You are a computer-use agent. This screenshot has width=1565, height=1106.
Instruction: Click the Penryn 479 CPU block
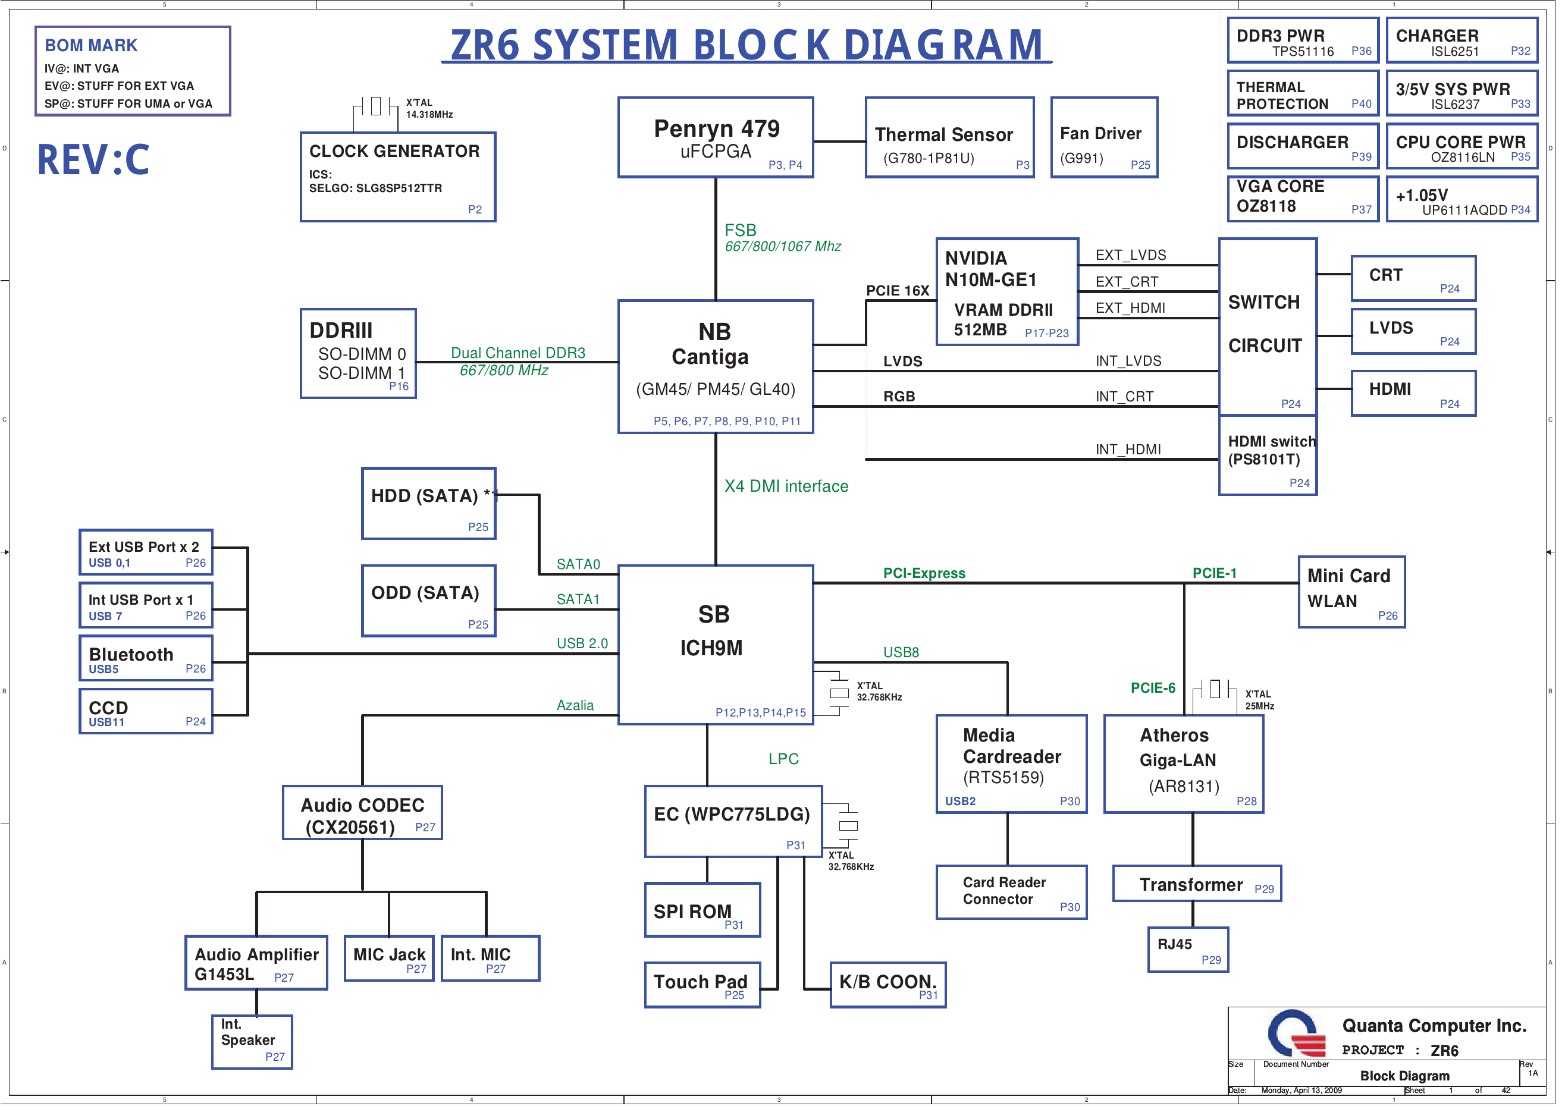[x=715, y=137]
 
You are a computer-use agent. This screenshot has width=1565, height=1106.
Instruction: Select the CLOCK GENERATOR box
[x=397, y=177]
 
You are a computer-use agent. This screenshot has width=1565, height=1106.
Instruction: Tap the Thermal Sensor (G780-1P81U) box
[x=949, y=137]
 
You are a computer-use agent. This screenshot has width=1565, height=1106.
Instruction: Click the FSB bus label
[x=740, y=230]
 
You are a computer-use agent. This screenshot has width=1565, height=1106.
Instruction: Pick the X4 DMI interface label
[x=786, y=486]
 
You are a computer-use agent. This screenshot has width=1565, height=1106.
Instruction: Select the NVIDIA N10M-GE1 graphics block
[x=1007, y=291]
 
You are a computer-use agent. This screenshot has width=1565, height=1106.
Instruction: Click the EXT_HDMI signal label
[x=1130, y=308]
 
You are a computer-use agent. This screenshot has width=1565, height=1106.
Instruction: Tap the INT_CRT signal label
[x=1124, y=397]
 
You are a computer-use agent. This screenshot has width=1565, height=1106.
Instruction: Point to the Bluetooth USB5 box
[x=146, y=658]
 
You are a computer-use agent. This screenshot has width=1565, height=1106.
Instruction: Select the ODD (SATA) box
[x=428, y=601]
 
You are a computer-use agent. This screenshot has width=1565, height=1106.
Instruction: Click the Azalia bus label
[x=575, y=705]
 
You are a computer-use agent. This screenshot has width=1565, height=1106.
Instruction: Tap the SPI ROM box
[x=702, y=910]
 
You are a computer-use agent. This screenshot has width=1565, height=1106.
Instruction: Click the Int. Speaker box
[x=252, y=1041]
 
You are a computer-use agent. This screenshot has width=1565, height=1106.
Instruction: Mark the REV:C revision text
[x=93, y=160]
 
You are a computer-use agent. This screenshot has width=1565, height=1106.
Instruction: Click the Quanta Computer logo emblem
[x=1295, y=1034]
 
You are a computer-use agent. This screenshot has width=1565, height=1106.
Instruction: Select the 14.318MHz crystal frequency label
[x=429, y=115]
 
